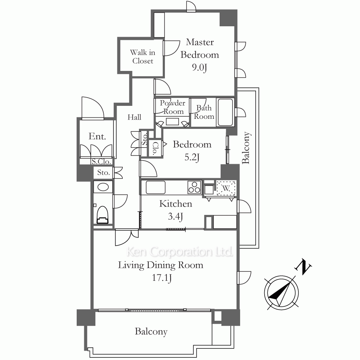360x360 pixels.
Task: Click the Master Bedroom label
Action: click(200, 49)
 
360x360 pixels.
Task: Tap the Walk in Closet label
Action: click(143, 57)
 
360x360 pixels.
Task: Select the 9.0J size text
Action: click(199, 68)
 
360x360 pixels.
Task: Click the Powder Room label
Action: click(172, 107)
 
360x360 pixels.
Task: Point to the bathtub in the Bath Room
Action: click(225, 112)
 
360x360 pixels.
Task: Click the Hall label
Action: click(134, 117)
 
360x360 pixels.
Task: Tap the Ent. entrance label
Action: click(97, 136)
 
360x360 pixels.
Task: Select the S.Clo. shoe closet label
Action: click(101, 162)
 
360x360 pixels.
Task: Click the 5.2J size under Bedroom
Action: click(192, 158)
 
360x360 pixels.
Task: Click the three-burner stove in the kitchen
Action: click(195, 187)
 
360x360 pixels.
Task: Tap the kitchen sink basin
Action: click(156, 187)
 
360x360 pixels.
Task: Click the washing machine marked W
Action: click(226, 188)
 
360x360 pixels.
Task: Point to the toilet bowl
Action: click(102, 215)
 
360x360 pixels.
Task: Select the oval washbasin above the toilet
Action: click(103, 187)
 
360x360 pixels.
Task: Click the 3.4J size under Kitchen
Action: click(175, 216)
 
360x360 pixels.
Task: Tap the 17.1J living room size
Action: click(162, 278)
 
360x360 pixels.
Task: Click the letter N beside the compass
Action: click(303, 267)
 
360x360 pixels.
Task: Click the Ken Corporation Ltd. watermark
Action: click(180, 252)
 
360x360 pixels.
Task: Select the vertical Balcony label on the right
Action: click(246, 148)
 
